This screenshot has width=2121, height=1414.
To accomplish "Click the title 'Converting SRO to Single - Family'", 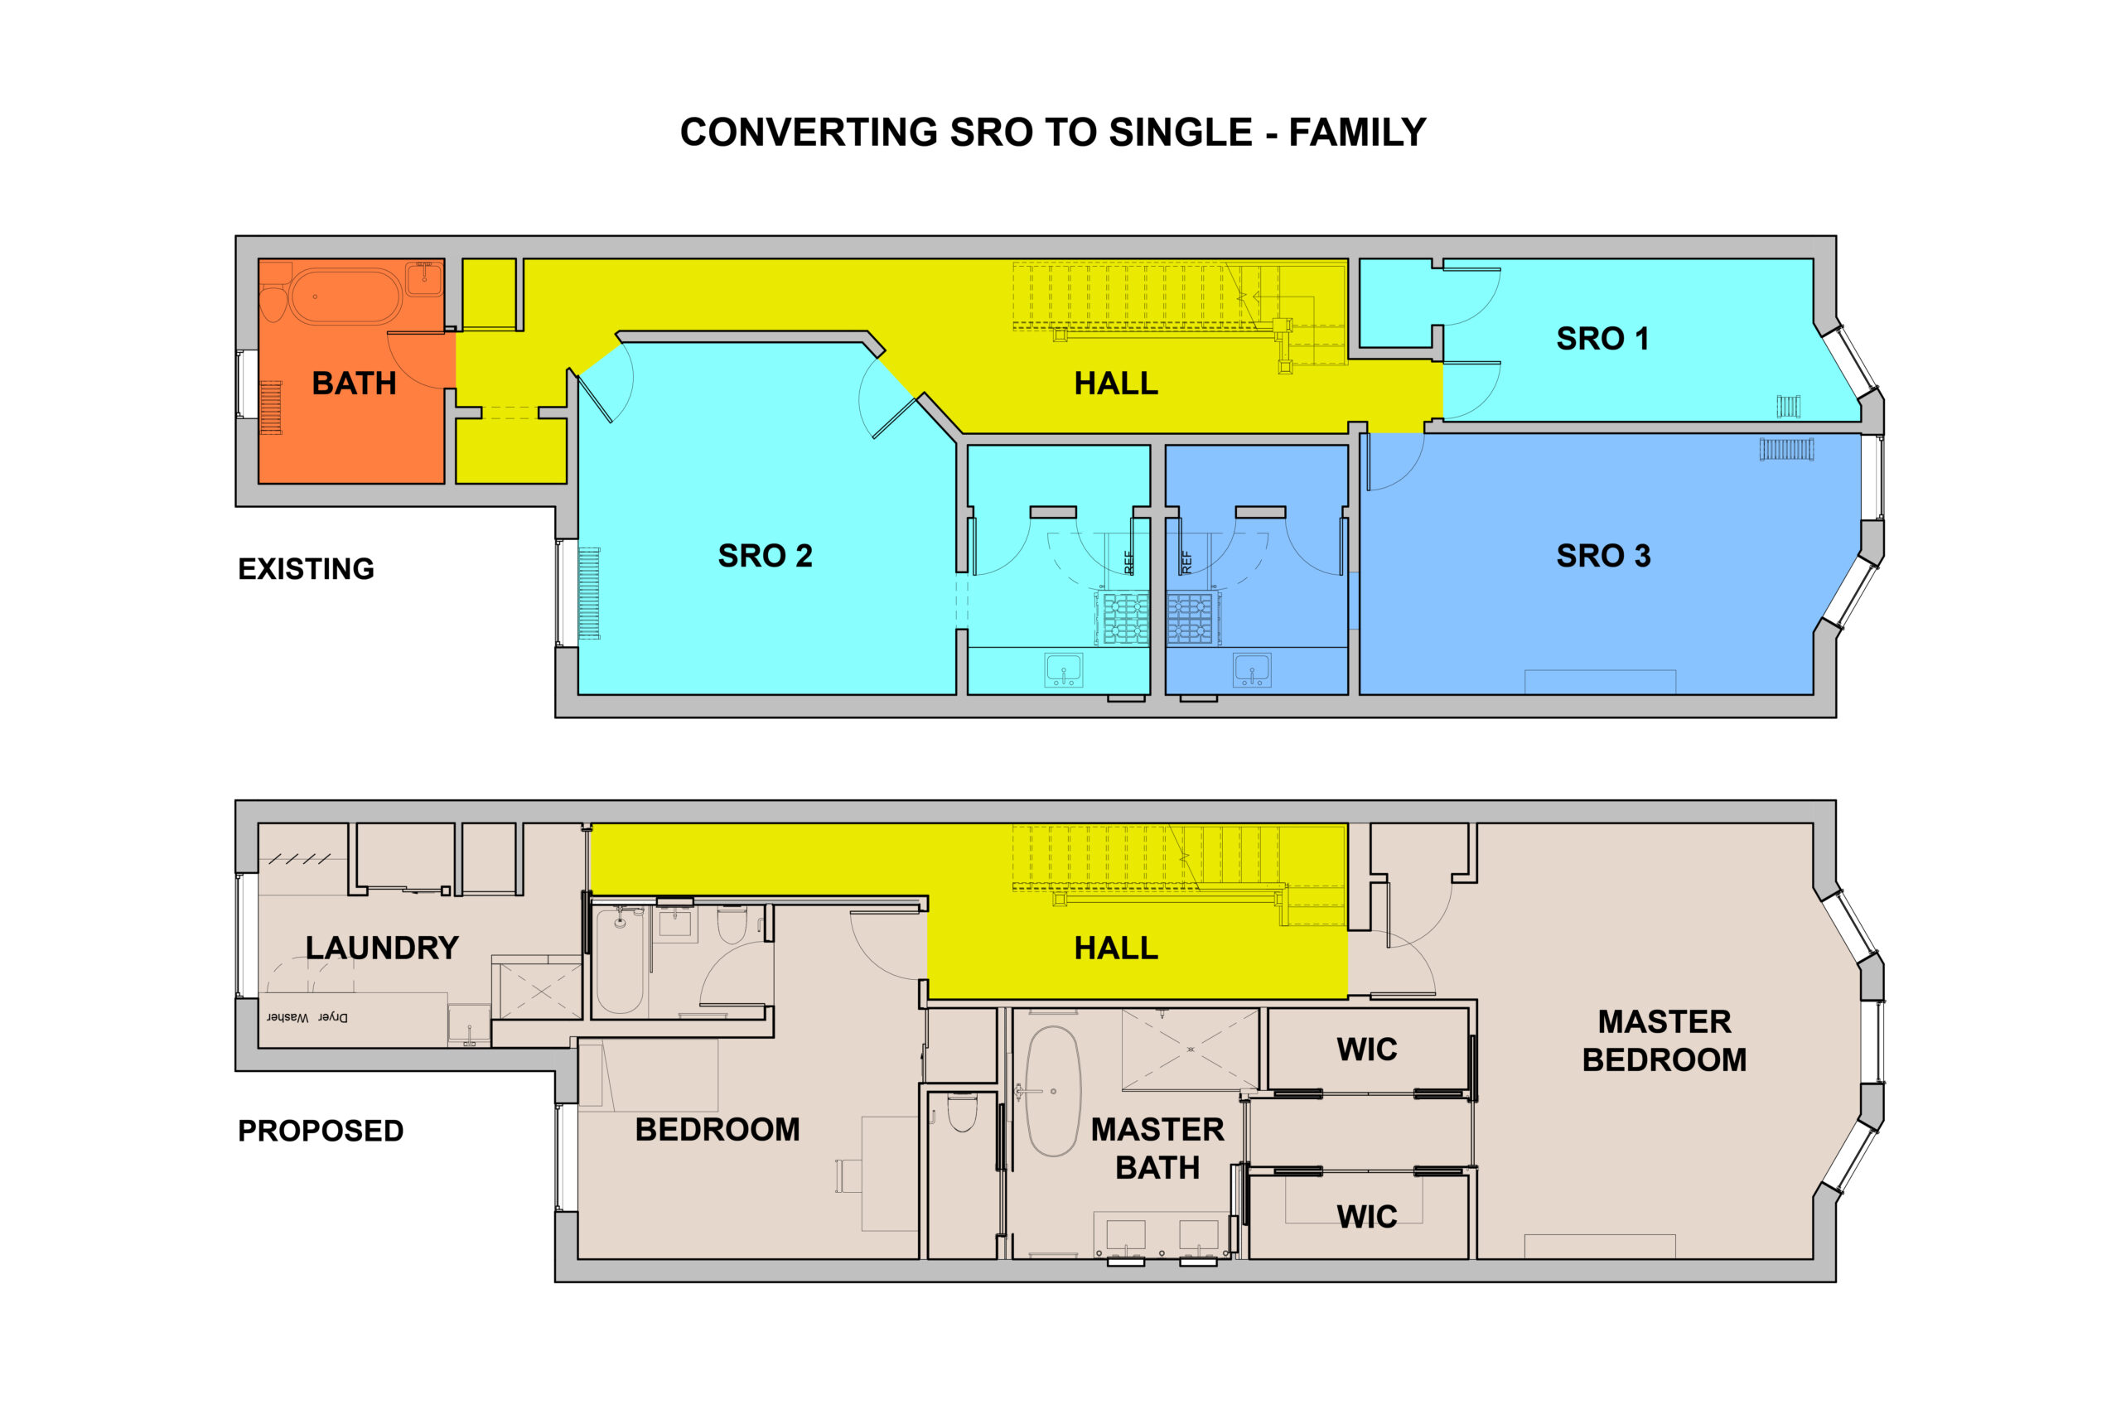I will (x=1052, y=133).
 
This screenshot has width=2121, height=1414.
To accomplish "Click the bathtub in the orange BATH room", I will (x=345, y=296).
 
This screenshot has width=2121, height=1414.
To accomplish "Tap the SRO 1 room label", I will (x=1602, y=339).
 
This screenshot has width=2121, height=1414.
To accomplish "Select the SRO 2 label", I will (x=765, y=556).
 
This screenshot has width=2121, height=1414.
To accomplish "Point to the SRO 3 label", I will (x=1602, y=556).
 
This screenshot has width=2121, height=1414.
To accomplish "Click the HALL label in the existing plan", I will (x=1115, y=384).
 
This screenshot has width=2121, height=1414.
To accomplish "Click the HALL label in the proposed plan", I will (x=1115, y=948).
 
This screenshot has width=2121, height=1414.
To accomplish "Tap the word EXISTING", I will (x=306, y=569).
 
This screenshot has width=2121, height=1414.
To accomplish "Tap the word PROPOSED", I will (x=320, y=1131).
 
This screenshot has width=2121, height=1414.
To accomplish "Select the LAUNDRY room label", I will (x=381, y=948).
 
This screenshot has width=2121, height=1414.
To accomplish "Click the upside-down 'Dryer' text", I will (x=333, y=1017).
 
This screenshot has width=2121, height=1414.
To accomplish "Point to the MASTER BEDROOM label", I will (x=1664, y=1040).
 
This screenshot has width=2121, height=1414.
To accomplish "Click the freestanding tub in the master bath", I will (x=1052, y=1091).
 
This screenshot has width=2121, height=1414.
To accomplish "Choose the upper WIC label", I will (x=1366, y=1050).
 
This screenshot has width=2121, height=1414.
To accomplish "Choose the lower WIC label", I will (x=1366, y=1217).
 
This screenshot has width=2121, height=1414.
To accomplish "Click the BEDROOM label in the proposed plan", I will (x=717, y=1130).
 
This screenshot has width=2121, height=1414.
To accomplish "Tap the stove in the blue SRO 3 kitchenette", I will (x=1191, y=619).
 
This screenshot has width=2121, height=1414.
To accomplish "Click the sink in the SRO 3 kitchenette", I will (x=1252, y=670).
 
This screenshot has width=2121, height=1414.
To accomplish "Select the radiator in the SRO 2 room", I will (x=589, y=593).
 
